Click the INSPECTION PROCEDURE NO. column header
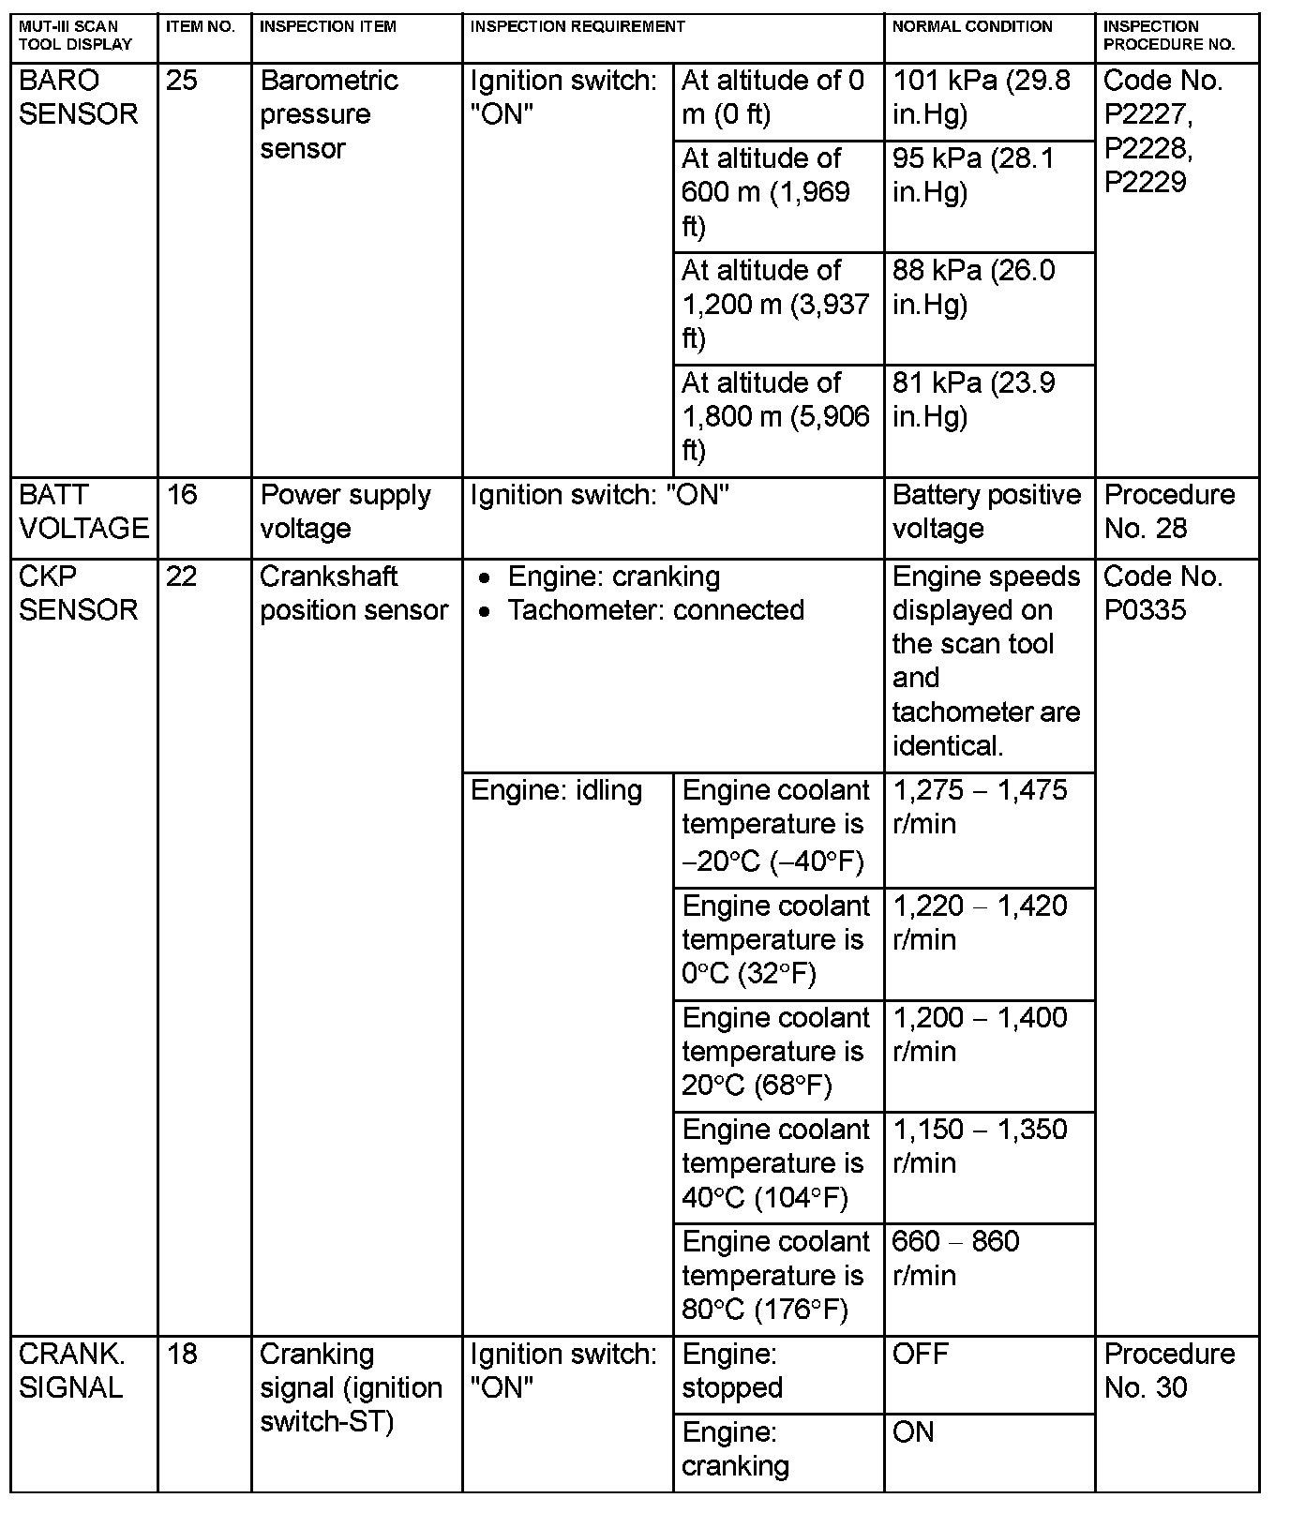[x=1169, y=36]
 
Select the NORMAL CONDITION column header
[x=972, y=27]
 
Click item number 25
[x=182, y=81]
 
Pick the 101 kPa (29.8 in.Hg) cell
[x=981, y=97]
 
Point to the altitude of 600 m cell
[x=766, y=192]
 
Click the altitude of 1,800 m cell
[x=775, y=416]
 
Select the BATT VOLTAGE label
[x=83, y=512]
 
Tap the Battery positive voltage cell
[x=986, y=512]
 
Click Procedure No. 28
[x=1169, y=512]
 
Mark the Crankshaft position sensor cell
[x=353, y=593]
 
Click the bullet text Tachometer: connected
[x=655, y=610]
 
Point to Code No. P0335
[x=1162, y=593]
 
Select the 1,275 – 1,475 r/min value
[x=980, y=807]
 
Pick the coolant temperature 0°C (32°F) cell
[x=775, y=940]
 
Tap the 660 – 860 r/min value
[x=955, y=1258]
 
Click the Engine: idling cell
[x=556, y=791]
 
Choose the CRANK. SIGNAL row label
[x=72, y=1371]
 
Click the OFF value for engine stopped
[x=921, y=1355]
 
